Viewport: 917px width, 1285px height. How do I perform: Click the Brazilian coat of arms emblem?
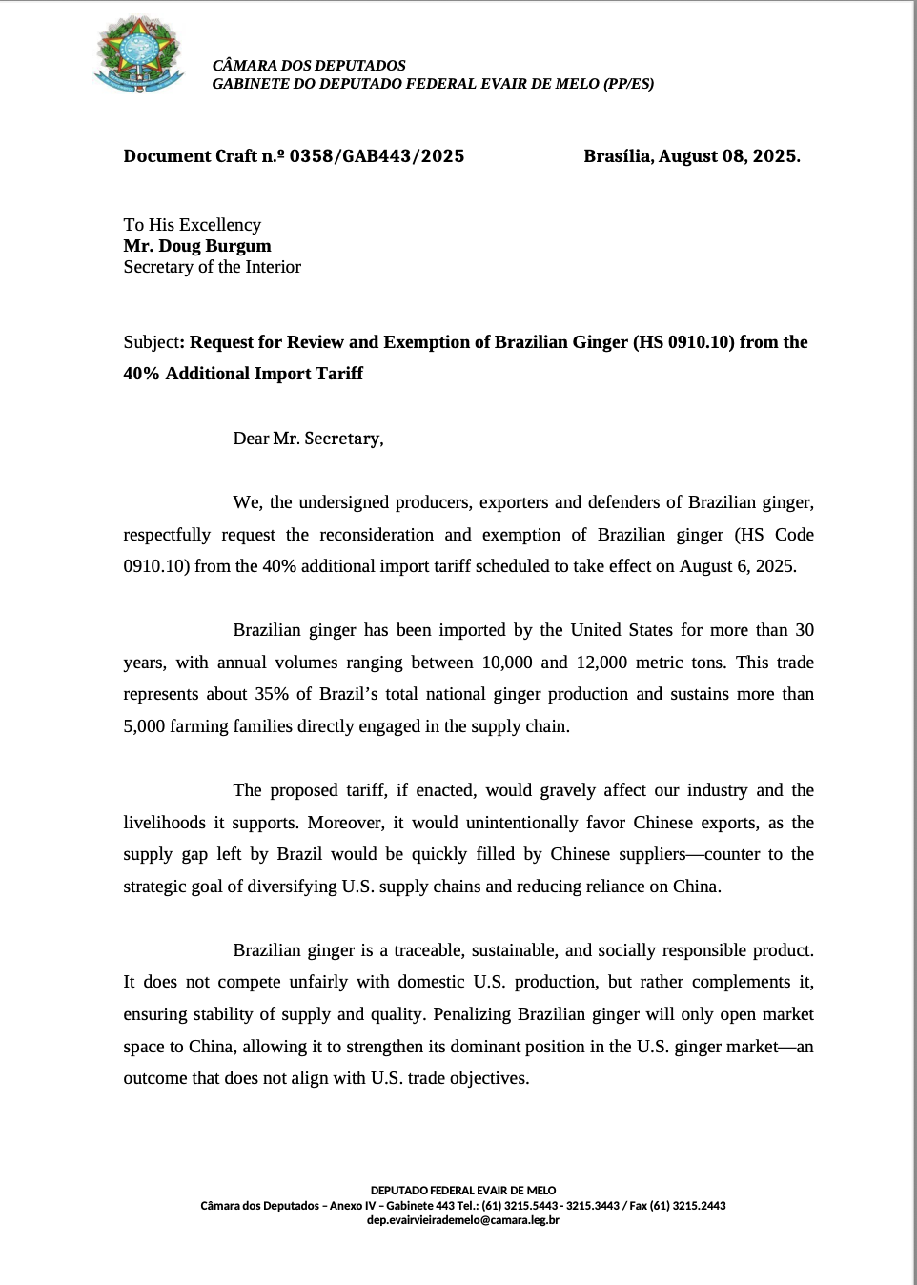click(x=139, y=55)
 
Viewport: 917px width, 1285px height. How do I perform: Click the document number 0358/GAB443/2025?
click(x=377, y=156)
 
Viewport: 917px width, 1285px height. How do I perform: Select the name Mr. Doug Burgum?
click(x=197, y=246)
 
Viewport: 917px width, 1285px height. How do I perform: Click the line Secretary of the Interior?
click(x=212, y=267)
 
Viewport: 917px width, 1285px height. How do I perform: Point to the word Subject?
click(x=151, y=342)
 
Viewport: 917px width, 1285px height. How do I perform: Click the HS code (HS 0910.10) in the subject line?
click(x=683, y=342)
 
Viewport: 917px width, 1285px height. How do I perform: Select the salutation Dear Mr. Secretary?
click(x=308, y=439)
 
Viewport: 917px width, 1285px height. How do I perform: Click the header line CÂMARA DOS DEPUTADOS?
click(x=309, y=66)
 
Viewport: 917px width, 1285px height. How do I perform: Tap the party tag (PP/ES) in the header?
click(x=628, y=84)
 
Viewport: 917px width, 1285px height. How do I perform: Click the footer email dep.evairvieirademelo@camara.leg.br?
click(x=462, y=1220)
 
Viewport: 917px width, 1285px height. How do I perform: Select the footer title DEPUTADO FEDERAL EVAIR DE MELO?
click(x=462, y=1191)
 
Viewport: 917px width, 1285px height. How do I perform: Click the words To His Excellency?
click(x=192, y=225)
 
